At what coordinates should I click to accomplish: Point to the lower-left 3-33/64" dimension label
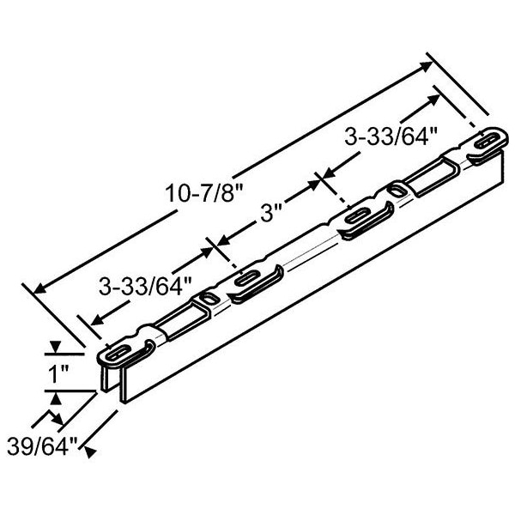tap(145, 287)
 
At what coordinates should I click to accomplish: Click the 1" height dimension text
tap(58, 373)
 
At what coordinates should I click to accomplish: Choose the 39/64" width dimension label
tap(42, 446)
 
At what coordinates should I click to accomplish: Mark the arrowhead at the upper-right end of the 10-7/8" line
tap(426, 66)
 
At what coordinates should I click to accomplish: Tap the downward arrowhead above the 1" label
tap(55, 347)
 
